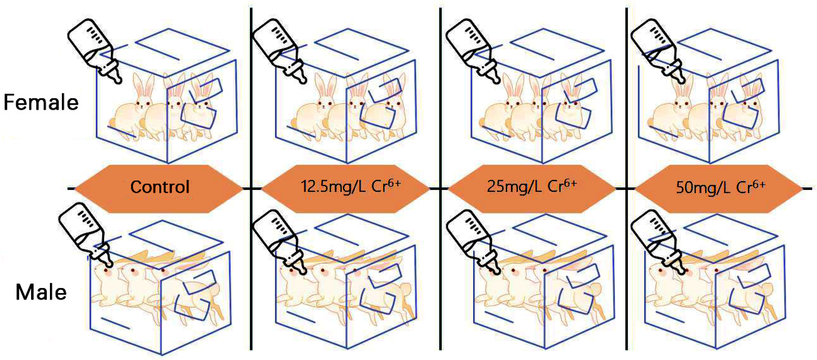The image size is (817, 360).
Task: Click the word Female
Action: point(41,102)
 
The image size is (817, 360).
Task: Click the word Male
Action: point(41,292)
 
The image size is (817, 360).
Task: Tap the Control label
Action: point(160,187)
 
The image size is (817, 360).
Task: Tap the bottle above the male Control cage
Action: point(86,235)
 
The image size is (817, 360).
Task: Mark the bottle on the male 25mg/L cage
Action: point(474,242)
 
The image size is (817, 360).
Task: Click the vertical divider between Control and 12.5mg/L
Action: point(251,179)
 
